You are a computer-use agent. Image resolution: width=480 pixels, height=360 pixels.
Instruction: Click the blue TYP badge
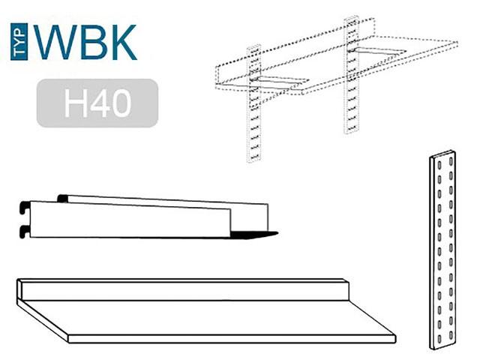pos(19,42)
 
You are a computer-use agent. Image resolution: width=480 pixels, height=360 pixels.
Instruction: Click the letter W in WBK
pos(55,42)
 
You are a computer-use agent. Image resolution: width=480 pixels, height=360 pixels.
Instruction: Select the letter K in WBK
pos(124,42)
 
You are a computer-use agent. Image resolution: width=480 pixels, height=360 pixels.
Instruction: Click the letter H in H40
pos(75,103)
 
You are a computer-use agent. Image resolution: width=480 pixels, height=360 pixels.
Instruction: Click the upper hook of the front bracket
pos(25,207)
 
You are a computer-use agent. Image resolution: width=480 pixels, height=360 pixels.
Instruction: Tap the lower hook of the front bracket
pos(25,232)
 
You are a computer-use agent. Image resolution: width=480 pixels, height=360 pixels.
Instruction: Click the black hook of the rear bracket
pos(63,198)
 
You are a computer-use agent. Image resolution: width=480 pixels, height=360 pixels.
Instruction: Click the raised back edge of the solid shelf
pos(183,289)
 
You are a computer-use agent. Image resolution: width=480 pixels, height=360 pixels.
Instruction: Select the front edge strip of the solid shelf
pos(232,338)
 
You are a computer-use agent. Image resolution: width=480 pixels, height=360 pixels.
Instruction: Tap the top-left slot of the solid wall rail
pos(439,166)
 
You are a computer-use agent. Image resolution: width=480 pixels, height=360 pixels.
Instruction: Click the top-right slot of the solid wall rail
pos(451,160)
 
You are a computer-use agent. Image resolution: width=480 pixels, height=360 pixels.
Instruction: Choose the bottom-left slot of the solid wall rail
pos(439,338)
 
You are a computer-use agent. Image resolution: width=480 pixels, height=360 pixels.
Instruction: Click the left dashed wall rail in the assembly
pos(253,103)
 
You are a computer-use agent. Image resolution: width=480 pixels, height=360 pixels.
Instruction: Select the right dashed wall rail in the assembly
pos(351,74)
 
